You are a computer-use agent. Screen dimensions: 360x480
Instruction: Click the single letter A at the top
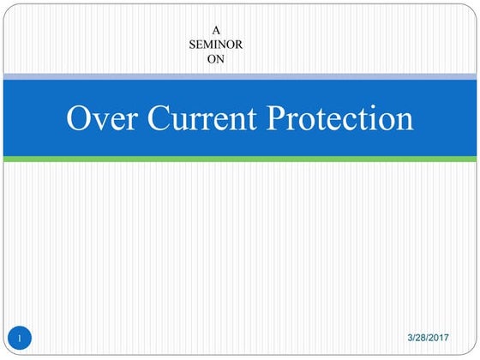pos(216,30)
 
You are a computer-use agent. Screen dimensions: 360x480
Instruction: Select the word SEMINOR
pos(216,45)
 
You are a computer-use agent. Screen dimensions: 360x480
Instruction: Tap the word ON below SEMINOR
pos(216,59)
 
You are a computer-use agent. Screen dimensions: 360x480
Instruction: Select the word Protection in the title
pos(340,117)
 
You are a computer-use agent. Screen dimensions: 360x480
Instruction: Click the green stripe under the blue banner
pos(240,159)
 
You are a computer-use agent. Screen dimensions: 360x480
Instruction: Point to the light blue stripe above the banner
pos(240,77)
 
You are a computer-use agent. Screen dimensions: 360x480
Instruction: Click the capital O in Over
pos(79,117)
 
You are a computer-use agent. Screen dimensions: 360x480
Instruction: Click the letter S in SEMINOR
pos(193,45)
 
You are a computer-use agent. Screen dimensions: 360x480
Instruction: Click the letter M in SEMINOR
pos(209,45)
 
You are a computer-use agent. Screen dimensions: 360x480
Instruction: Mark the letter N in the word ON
pos(220,59)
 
